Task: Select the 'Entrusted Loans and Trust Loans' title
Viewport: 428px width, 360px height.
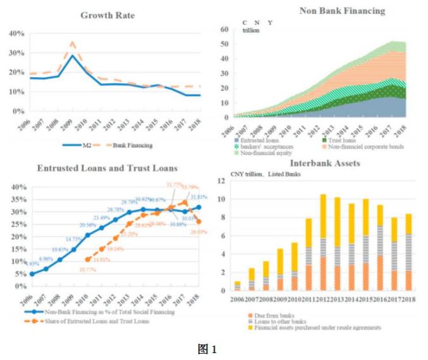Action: [107, 168]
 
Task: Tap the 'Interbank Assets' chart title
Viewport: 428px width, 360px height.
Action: [325, 163]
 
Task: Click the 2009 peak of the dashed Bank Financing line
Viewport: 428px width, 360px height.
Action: [73, 42]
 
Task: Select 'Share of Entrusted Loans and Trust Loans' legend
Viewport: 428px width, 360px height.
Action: [104, 321]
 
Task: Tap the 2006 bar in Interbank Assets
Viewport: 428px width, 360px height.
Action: [237, 287]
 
